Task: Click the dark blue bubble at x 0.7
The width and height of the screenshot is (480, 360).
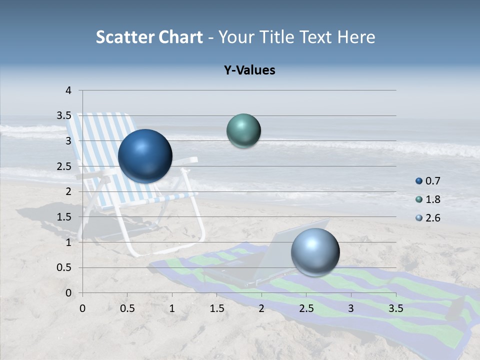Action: (145, 156)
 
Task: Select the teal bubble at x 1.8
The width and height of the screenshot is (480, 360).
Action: (243, 130)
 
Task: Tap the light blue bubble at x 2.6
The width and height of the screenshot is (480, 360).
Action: (315, 252)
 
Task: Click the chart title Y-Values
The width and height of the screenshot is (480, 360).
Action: (249, 70)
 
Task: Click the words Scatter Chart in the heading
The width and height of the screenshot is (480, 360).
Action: (149, 37)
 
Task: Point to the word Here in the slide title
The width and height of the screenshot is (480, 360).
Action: (355, 37)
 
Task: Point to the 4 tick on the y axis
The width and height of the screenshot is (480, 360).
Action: (68, 90)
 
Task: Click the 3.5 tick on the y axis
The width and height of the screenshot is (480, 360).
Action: (64, 116)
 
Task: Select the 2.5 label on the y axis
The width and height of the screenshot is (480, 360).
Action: (64, 166)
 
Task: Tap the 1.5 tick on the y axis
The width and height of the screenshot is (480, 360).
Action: (64, 217)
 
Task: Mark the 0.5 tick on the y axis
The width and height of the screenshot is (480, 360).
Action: (64, 267)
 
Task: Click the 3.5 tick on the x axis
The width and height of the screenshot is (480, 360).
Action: (395, 308)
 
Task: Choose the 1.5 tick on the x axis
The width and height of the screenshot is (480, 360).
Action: (216, 308)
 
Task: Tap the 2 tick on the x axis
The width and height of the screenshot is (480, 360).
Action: (261, 308)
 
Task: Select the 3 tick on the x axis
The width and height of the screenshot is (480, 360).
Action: (351, 308)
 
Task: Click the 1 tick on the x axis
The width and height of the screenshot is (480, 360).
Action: (172, 308)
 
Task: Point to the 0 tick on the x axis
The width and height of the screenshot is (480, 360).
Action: (82, 308)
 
